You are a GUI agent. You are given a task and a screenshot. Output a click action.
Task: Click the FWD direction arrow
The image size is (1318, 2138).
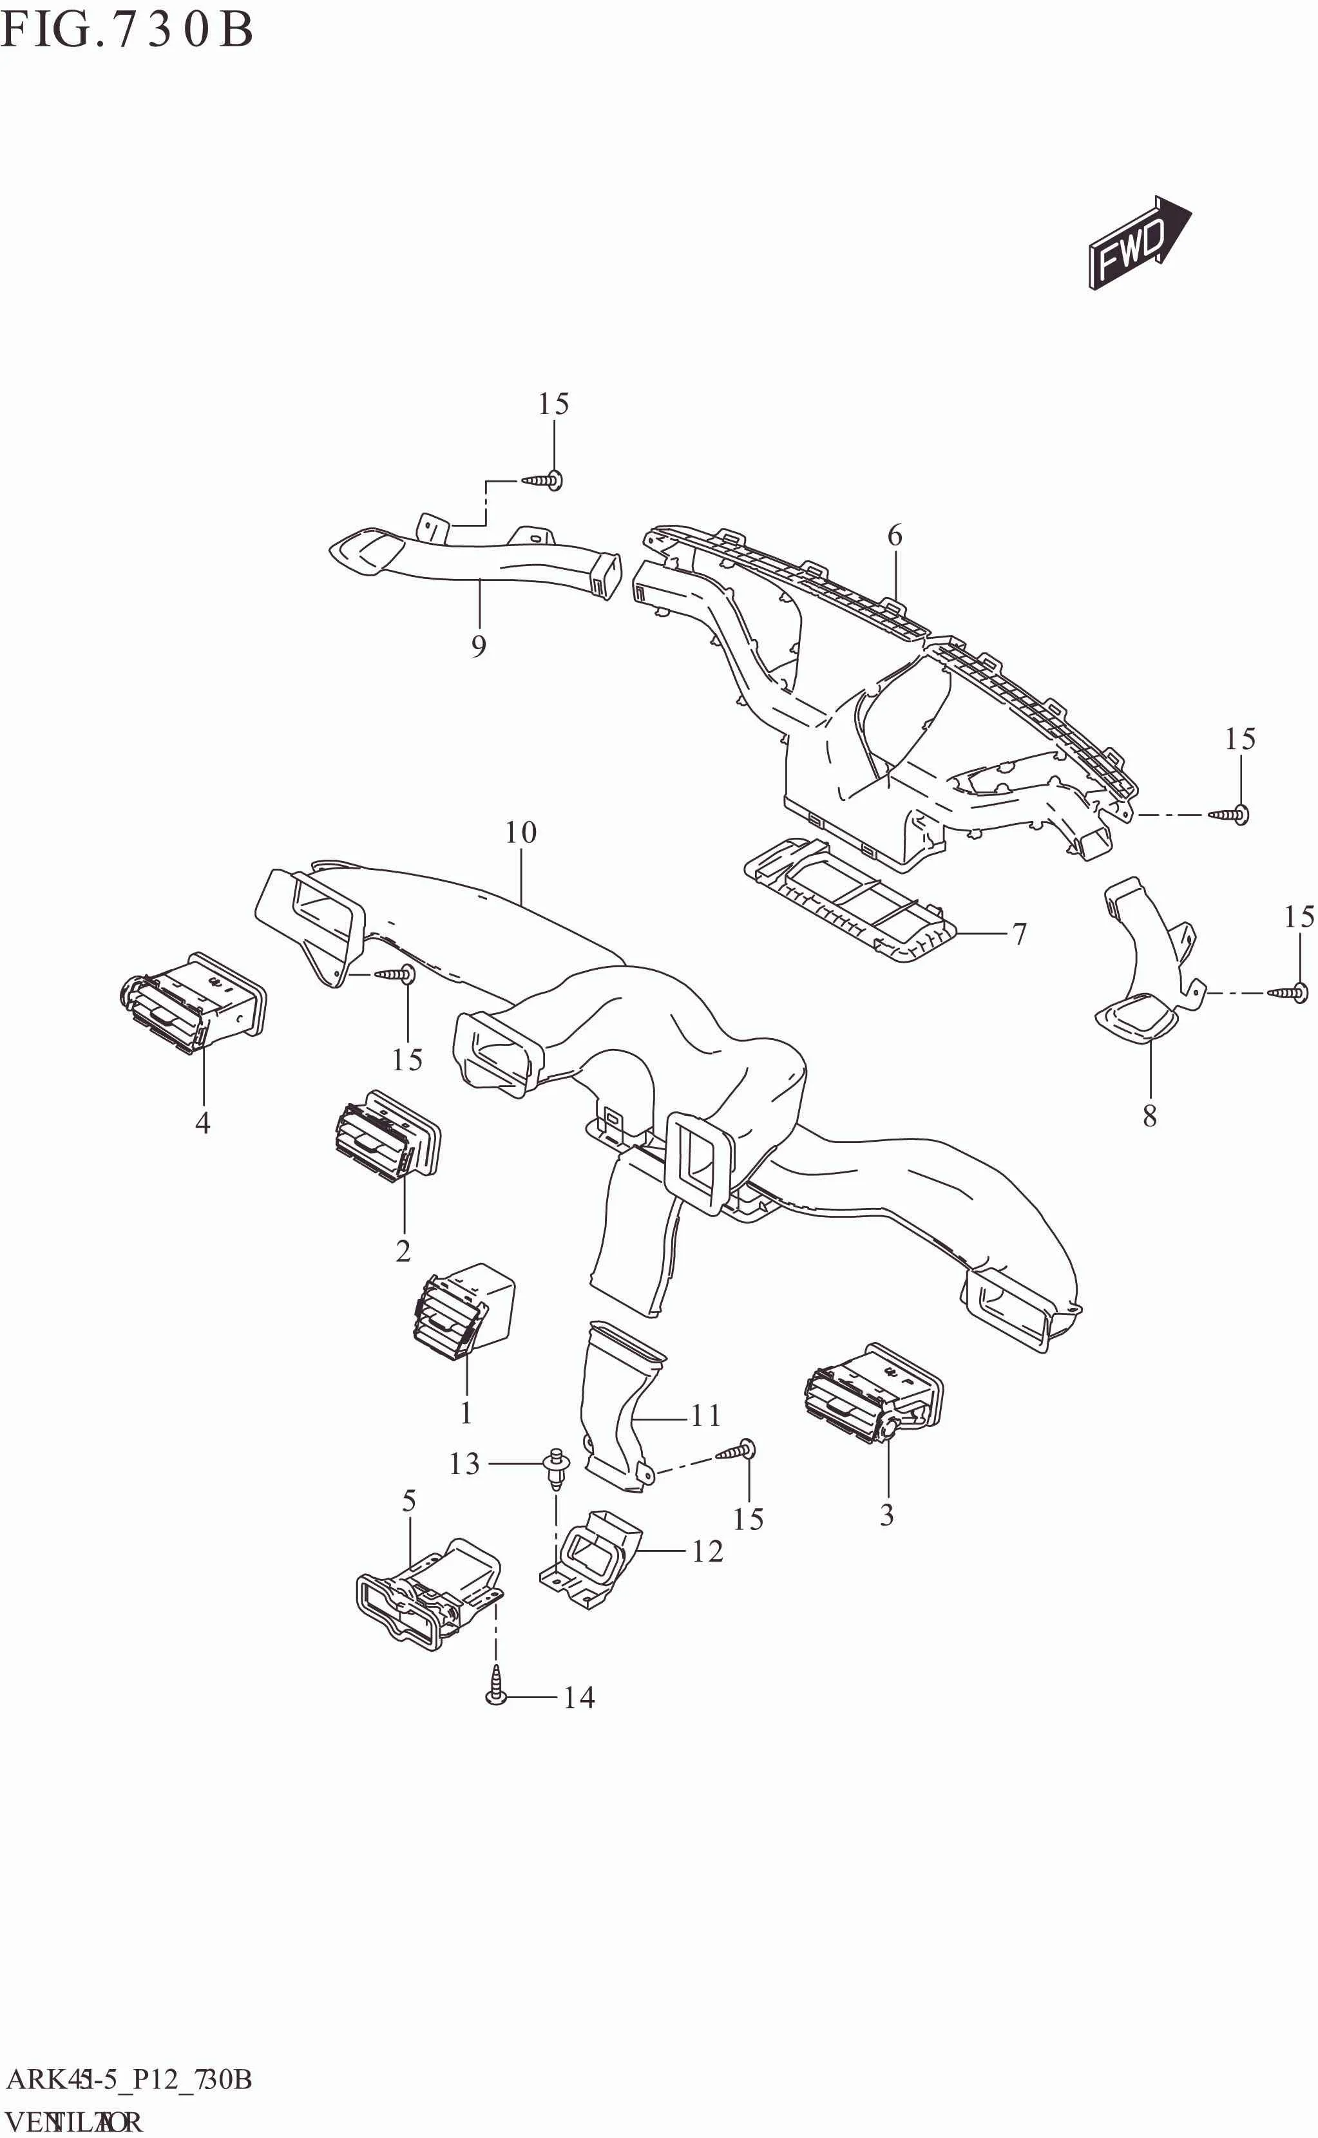click(x=1138, y=242)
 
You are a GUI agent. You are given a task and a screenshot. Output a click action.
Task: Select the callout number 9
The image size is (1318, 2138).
click(x=478, y=647)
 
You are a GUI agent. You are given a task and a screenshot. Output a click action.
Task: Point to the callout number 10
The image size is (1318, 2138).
click(x=521, y=833)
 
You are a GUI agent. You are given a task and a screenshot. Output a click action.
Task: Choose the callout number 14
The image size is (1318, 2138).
click(x=579, y=1697)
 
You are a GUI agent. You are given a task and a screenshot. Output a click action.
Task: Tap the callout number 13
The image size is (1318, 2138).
click(x=464, y=1464)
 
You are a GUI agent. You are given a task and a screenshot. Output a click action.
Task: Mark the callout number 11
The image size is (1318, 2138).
click(x=705, y=1415)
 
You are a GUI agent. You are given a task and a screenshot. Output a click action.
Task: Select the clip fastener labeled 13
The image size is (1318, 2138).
click(x=555, y=1469)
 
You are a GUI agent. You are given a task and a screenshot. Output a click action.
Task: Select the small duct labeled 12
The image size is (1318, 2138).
click(x=593, y=1561)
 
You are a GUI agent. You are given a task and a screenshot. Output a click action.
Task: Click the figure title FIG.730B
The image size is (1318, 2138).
click(x=126, y=30)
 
